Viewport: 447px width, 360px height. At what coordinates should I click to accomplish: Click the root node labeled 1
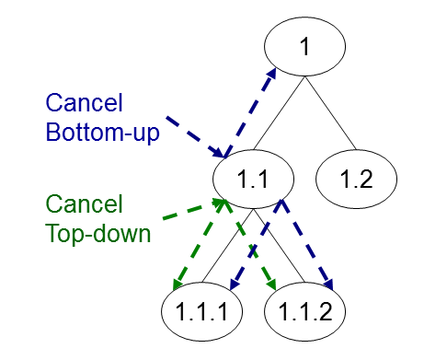(304, 46)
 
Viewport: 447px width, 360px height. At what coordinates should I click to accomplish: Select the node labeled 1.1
(254, 180)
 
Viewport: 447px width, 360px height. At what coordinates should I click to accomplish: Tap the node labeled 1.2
(356, 180)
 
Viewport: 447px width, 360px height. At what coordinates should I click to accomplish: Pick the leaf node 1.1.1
(202, 311)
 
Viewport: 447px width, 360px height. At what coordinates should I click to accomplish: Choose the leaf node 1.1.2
(304, 311)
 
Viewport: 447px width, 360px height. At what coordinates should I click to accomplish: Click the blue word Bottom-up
(103, 133)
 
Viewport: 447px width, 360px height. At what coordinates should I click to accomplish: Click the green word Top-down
(98, 234)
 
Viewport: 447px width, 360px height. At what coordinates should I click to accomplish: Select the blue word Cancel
(85, 102)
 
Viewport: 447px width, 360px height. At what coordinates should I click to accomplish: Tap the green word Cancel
(85, 203)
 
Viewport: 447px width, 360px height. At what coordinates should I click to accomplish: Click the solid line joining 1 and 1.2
(330, 113)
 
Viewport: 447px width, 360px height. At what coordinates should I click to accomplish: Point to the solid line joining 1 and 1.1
(280, 113)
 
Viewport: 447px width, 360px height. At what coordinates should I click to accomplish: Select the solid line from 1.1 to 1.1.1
(228, 246)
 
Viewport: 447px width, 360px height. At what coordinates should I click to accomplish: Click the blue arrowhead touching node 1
(270, 75)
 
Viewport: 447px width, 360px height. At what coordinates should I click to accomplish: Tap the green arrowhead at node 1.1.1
(178, 285)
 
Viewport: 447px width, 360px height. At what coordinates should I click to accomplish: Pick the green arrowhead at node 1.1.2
(271, 284)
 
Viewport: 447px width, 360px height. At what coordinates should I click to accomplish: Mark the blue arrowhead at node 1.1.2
(327, 285)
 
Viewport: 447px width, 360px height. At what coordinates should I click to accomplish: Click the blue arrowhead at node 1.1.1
(235, 285)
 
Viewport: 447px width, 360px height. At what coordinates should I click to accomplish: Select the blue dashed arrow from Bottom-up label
(196, 137)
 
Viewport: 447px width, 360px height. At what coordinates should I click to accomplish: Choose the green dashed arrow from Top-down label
(194, 209)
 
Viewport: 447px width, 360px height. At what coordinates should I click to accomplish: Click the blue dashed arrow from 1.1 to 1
(250, 113)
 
